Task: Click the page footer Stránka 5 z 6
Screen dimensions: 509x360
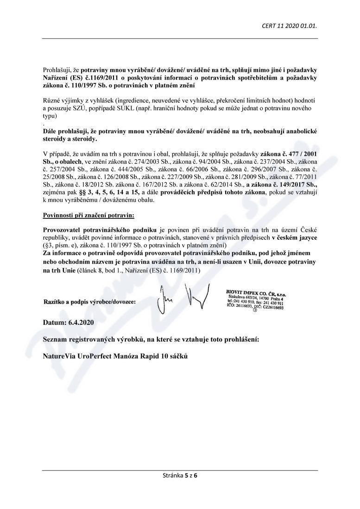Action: (180, 475)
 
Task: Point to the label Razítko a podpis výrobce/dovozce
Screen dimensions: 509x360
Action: (89, 302)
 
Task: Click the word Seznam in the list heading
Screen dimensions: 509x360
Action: (55, 339)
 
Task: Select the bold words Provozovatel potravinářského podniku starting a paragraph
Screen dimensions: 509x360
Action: (100, 230)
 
